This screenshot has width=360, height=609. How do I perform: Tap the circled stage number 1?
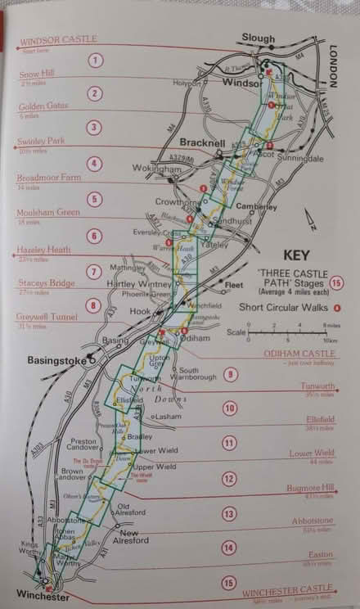97,60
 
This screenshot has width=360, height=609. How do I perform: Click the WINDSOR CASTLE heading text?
57,38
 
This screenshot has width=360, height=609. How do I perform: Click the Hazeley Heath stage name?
44,249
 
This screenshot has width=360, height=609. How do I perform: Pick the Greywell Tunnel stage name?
47,317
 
